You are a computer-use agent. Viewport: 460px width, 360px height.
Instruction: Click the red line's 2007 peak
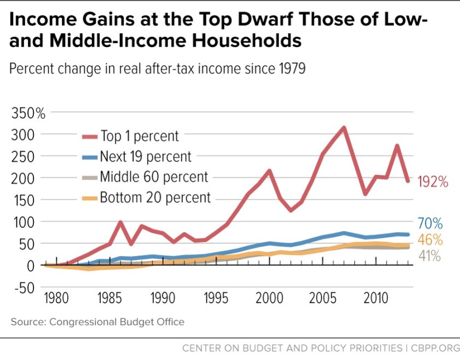[344, 128]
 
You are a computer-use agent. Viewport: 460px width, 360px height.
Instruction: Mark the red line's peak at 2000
[269, 171]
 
